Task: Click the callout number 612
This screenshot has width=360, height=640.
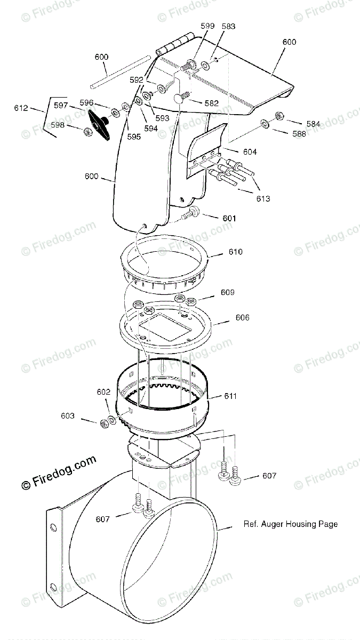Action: click(21, 108)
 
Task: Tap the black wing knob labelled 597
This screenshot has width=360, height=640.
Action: click(99, 125)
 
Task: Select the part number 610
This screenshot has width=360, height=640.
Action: click(235, 252)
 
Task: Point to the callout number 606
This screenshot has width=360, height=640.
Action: click(242, 317)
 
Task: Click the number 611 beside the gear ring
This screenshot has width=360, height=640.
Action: click(230, 396)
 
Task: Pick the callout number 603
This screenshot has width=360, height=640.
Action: click(68, 415)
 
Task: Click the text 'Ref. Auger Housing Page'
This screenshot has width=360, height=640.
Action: click(291, 524)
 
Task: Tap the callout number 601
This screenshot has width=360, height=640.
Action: click(229, 218)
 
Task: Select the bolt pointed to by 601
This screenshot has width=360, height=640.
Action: click(191, 213)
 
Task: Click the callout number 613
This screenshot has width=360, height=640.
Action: click(263, 198)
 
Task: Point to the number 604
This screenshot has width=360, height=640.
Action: click(250, 151)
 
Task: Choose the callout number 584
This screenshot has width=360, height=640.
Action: click(314, 124)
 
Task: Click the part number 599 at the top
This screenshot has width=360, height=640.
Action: click(207, 26)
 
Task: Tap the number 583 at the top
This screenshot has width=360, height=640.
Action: click(229, 26)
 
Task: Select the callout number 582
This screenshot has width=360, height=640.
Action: click(211, 103)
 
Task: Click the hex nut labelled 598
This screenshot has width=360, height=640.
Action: click(87, 132)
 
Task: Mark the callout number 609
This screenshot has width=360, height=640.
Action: click(227, 292)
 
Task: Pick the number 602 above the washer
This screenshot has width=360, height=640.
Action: click(103, 391)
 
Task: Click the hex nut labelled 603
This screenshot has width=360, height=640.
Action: click(105, 423)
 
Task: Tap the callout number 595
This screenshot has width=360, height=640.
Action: click(134, 137)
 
